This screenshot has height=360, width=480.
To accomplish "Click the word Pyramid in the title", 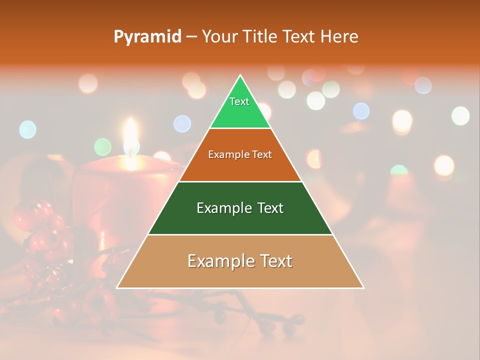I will [147, 37].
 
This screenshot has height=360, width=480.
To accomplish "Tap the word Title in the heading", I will [260, 36].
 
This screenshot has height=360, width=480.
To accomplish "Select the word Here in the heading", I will [339, 36].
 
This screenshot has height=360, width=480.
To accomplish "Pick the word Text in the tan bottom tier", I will [272, 261].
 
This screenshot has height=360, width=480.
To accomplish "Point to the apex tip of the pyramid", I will [240, 76].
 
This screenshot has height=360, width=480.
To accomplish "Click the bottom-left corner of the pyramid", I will [117, 287].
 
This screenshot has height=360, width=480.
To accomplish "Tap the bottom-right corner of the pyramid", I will [363, 287].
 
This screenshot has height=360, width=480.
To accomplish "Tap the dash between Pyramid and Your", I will [191, 37].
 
